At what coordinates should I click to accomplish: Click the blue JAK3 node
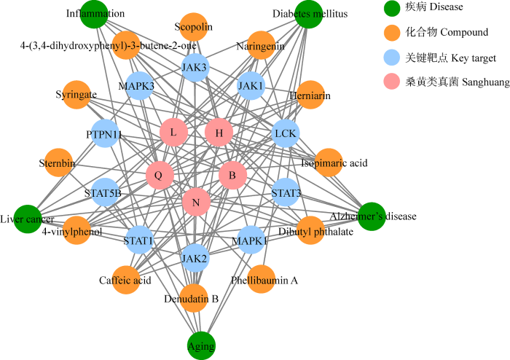195,69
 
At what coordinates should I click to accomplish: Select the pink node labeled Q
159,175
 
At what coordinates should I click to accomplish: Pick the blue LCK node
285,133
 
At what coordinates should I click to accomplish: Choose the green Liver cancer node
26,219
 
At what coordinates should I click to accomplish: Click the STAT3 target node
284,193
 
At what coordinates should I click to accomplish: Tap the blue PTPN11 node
106,134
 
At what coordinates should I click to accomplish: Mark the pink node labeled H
219,133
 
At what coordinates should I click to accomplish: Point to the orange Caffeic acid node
125,279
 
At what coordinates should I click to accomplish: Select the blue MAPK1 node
250,240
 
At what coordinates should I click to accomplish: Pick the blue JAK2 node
195,257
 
